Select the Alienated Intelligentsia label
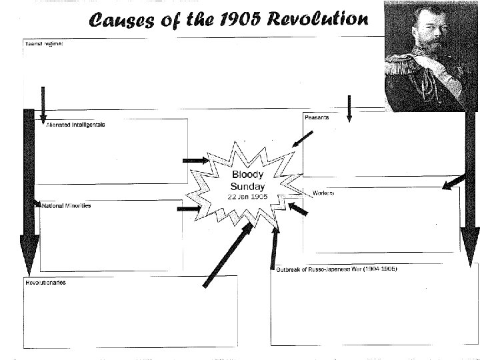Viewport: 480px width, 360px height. click(x=75, y=125)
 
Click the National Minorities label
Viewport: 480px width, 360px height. click(x=66, y=206)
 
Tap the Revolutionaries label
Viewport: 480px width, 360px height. click(x=45, y=283)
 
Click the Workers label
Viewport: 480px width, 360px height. click(x=323, y=193)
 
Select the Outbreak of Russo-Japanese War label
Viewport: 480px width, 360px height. click(x=337, y=269)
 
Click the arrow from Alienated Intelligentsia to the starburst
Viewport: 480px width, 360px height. click(x=196, y=161)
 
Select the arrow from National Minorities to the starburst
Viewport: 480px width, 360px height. click(x=189, y=209)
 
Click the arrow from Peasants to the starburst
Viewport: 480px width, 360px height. click(x=302, y=140)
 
